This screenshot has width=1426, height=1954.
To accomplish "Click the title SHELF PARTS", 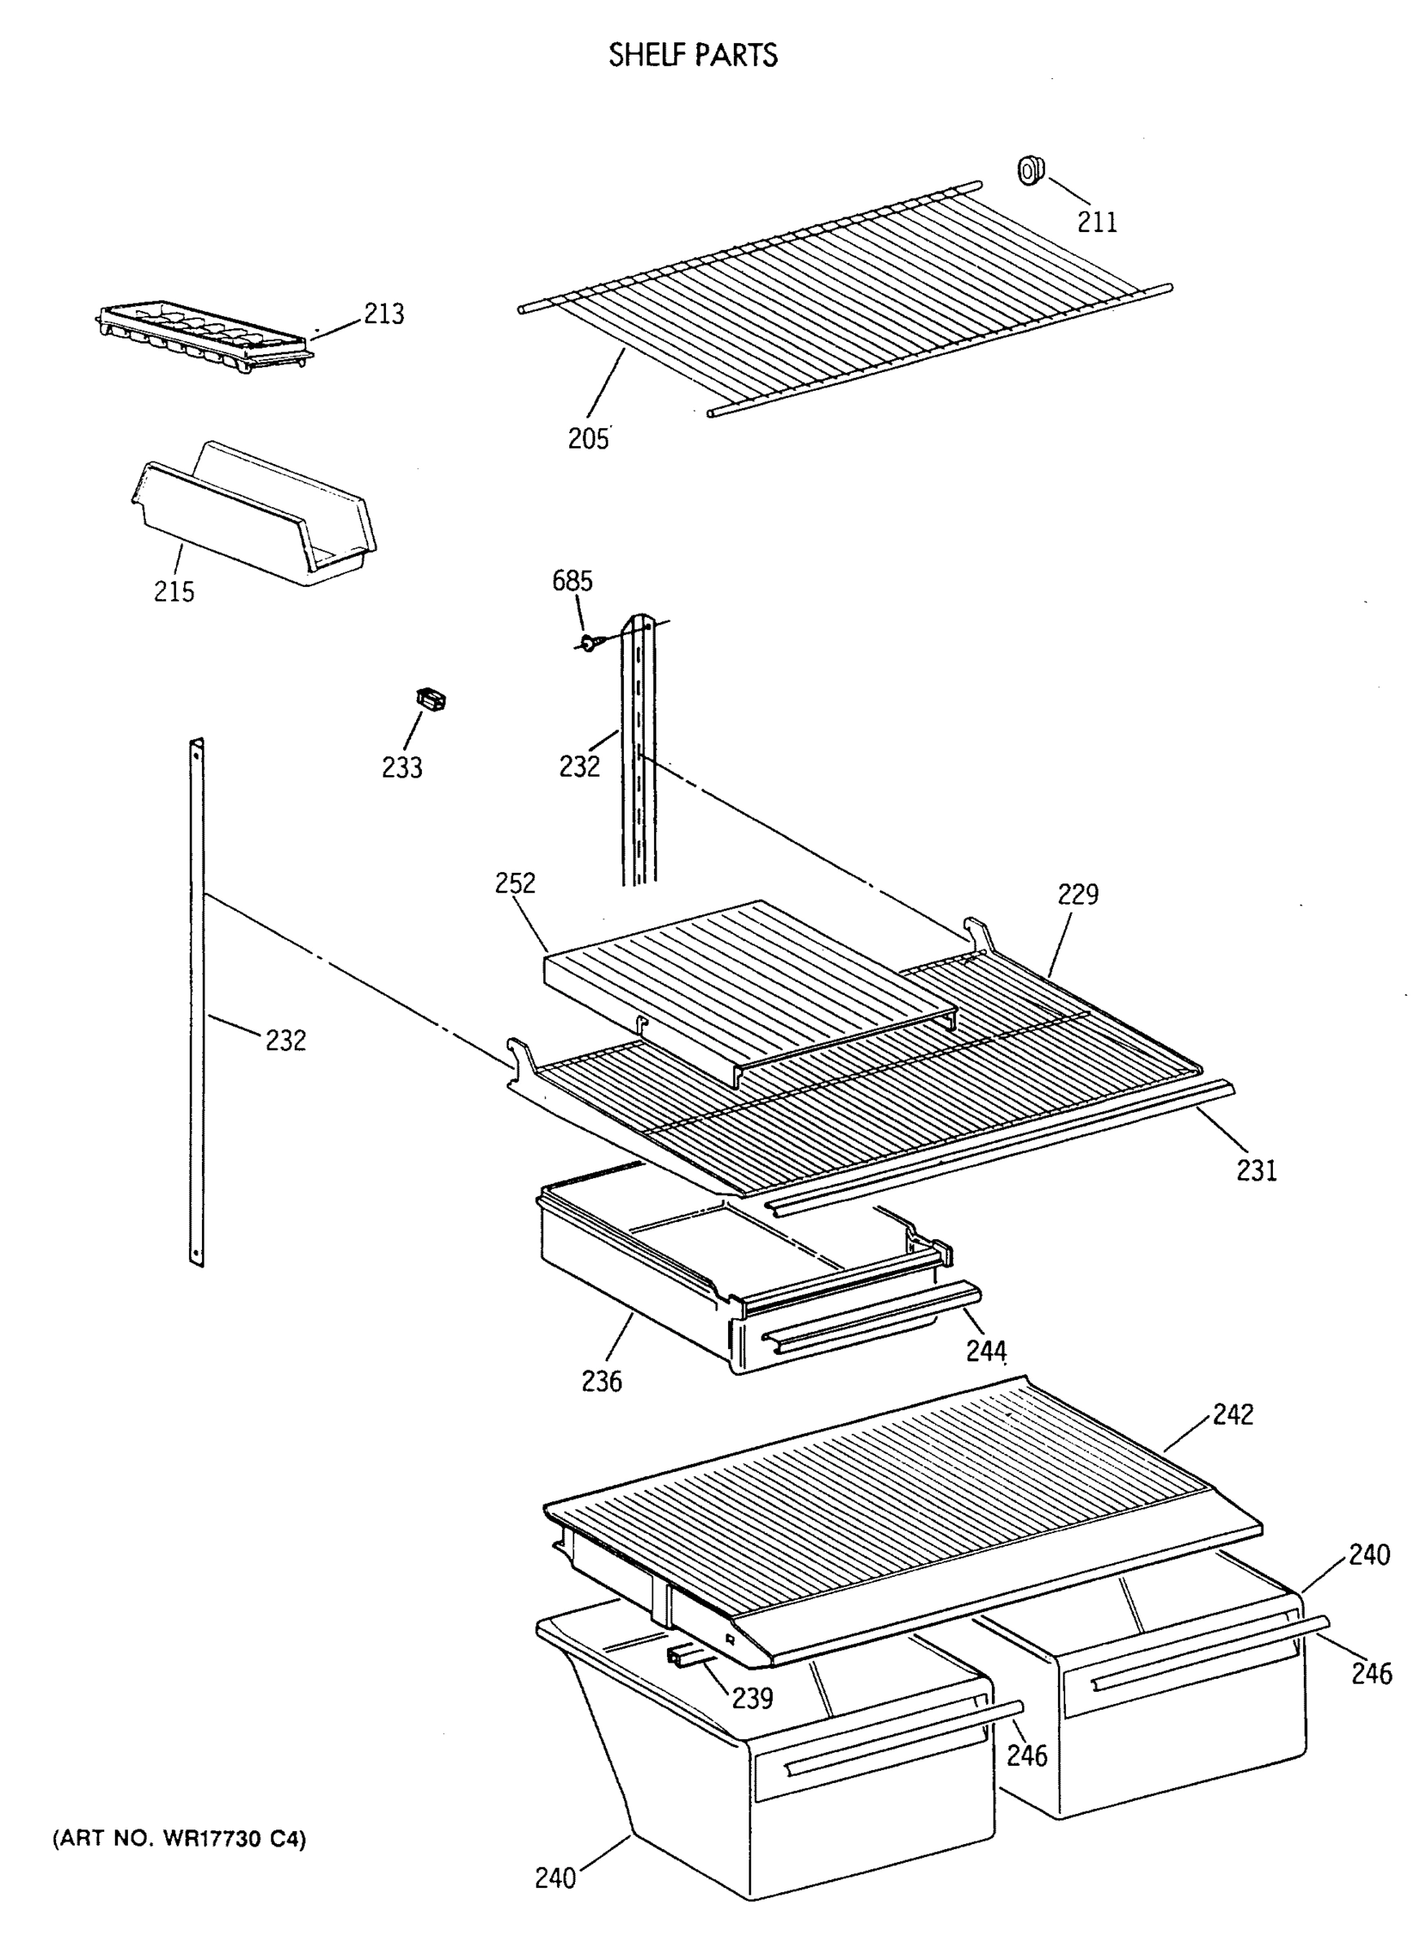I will pos(692,55).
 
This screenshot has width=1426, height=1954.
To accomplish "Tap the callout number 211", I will pos(1096,221).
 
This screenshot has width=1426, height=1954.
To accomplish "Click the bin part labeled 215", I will pos(255,518).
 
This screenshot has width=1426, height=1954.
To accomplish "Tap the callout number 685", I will pos(573,581).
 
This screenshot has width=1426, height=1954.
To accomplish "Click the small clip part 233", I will pos(431,699).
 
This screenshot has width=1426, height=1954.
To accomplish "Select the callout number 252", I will pos(516,882).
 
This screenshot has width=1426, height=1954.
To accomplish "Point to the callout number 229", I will pos(1078,894).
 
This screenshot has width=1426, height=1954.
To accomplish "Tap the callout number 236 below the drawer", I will pos(602,1382).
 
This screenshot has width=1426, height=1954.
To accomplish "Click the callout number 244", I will pos(985,1351).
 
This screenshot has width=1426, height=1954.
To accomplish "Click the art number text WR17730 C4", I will pos(179,1839).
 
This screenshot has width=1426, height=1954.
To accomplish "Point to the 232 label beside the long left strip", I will pos(286,1041).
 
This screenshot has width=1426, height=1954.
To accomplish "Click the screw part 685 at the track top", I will pos(588,642).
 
